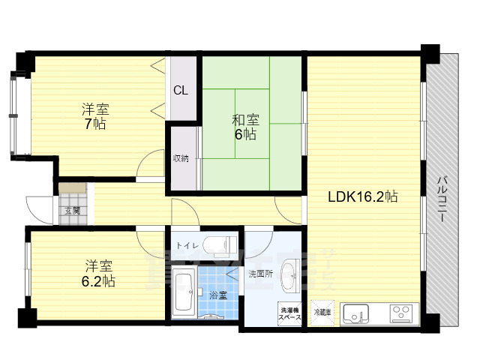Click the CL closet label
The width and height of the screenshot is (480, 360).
[181, 91]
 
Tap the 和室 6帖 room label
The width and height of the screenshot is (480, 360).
[244, 127]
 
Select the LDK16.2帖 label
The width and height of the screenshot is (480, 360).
[362, 197]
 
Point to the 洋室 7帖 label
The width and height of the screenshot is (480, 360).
[94, 116]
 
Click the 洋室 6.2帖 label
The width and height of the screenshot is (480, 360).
[98, 273]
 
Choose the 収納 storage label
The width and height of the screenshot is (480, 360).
[181, 158]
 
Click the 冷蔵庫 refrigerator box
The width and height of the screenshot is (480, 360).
[322, 312]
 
